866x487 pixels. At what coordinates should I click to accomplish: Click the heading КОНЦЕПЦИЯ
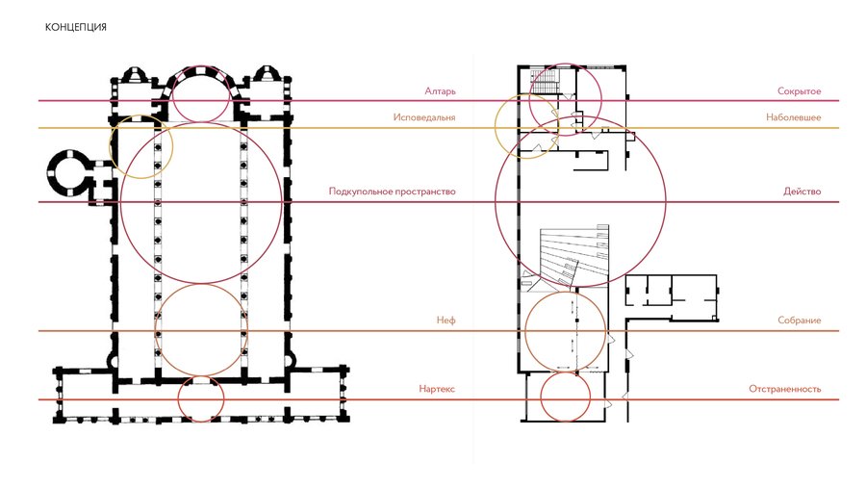[x=76, y=27]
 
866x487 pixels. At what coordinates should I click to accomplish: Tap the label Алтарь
[x=440, y=91]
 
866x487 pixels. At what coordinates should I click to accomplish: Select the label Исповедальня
[x=424, y=117]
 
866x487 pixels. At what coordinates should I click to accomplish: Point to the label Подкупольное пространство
[x=393, y=192]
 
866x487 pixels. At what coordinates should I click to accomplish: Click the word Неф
[x=446, y=320]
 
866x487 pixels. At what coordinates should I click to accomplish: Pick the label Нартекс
[x=436, y=389]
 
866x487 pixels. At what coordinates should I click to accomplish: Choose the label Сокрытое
[x=799, y=91]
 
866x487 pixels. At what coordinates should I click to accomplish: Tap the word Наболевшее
[x=793, y=117]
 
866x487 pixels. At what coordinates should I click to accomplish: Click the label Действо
[x=802, y=192]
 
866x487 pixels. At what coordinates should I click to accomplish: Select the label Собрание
[x=800, y=320]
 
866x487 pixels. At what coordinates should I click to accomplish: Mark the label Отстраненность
[x=785, y=389]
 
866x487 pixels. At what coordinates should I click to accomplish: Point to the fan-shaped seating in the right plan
[x=572, y=256]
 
